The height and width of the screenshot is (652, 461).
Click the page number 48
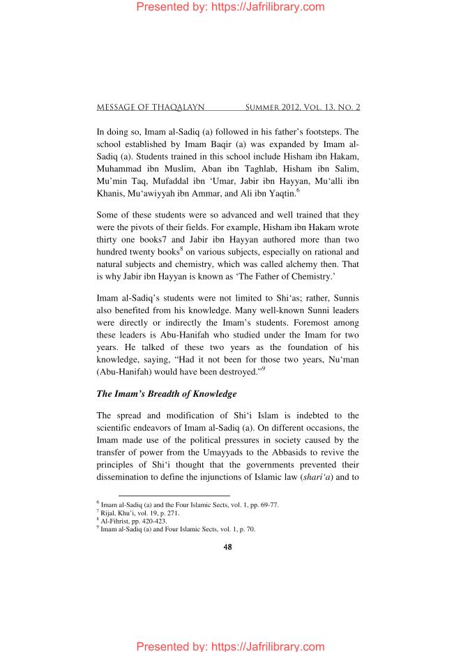(227, 547)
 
